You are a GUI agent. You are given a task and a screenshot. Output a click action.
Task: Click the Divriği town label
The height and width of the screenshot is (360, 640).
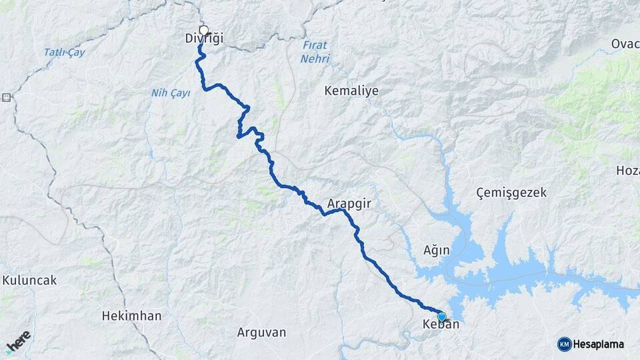pyautogui.click(x=203, y=39)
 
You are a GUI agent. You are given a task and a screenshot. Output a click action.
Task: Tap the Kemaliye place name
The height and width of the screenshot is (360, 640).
pyautogui.click(x=351, y=91)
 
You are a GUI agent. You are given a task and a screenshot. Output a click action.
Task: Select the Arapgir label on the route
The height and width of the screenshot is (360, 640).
pyautogui.click(x=349, y=203)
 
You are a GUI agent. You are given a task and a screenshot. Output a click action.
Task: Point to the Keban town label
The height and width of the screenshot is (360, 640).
pyautogui.click(x=441, y=326)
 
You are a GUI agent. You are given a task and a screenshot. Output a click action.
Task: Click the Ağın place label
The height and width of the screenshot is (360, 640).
pyautogui.click(x=437, y=251)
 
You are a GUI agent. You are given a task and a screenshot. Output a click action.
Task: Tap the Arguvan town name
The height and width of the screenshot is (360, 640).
pyautogui.click(x=261, y=332)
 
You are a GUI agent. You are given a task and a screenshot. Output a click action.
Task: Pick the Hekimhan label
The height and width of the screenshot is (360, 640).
pyautogui.click(x=131, y=316)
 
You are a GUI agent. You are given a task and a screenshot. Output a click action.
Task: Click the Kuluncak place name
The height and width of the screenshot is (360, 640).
pyautogui.click(x=29, y=281)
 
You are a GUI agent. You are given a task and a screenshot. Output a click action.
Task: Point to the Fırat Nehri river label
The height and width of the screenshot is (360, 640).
pyautogui.click(x=315, y=53)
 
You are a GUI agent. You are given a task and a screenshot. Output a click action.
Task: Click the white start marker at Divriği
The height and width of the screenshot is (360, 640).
pyautogui.click(x=203, y=30)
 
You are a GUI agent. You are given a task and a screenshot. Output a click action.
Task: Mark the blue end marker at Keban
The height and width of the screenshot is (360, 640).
pyautogui.click(x=441, y=316)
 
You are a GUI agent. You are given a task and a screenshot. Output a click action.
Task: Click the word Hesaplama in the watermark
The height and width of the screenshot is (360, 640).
pyautogui.click(x=599, y=345)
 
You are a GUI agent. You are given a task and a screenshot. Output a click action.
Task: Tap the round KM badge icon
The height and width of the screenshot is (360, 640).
pyautogui.click(x=564, y=345)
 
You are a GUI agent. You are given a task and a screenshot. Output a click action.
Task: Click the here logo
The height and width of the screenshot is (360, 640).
pyautogui.click(x=18, y=341)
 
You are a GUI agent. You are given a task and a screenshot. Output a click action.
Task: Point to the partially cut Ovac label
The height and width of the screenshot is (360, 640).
pyautogui.click(x=625, y=45)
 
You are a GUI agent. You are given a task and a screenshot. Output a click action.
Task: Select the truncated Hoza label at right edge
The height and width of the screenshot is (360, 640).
pyautogui.click(x=627, y=171)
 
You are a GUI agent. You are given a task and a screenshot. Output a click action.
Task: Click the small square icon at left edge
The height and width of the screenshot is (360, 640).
pyautogui.click(x=7, y=97)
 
